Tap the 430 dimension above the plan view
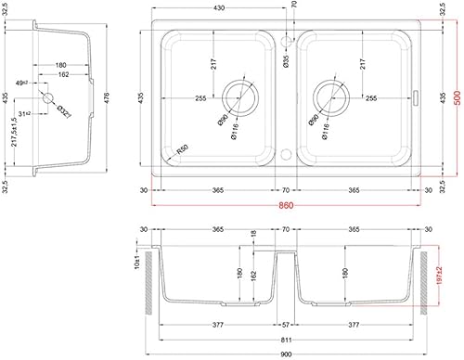point(219,8)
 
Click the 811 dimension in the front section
point(289,341)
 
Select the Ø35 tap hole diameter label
point(286,62)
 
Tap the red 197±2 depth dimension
point(442,278)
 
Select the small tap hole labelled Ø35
point(288,41)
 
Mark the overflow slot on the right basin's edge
point(419,97)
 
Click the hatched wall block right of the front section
point(427,278)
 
